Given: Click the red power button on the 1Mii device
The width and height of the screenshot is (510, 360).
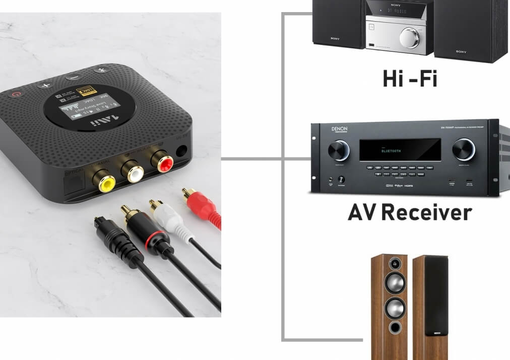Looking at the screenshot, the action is click(18, 93).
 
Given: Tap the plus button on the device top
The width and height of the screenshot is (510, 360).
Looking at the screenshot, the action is click(46, 85).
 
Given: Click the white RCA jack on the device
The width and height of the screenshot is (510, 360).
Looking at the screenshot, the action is click(136, 172).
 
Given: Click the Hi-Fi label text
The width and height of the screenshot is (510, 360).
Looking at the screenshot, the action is click(409, 80).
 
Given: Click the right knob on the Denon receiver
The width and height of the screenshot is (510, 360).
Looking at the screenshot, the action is click(463, 149).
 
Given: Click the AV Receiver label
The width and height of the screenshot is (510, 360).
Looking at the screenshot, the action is click(409, 212).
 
